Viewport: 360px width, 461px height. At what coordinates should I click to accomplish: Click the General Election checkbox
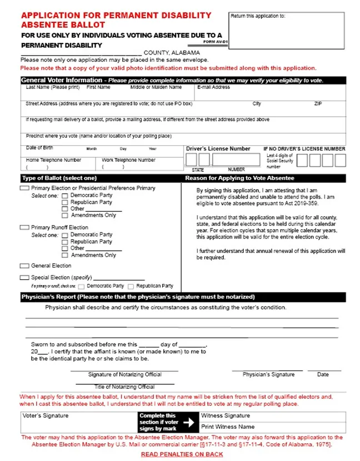click(24, 266)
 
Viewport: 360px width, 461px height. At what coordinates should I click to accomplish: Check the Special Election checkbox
click(24, 277)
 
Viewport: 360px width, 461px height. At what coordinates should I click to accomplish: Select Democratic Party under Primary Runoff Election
click(65, 235)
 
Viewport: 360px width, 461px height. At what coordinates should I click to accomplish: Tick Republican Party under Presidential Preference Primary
click(65, 203)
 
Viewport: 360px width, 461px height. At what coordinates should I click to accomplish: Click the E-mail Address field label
click(213, 87)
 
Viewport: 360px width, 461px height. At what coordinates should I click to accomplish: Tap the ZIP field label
click(318, 104)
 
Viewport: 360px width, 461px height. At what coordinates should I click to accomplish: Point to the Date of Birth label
click(40, 148)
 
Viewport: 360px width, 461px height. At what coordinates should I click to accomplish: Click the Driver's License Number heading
click(218, 149)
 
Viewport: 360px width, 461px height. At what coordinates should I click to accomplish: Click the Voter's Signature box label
click(46, 415)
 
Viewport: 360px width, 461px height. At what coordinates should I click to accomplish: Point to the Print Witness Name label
click(228, 427)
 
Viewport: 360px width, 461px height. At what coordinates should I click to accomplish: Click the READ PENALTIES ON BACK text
click(182, 454)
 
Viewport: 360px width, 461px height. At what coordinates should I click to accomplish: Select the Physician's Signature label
click(268, 375)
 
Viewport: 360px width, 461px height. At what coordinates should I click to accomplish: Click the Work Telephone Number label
click(128, 160)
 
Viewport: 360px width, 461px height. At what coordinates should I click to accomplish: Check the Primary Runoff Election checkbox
click(24, 227)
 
